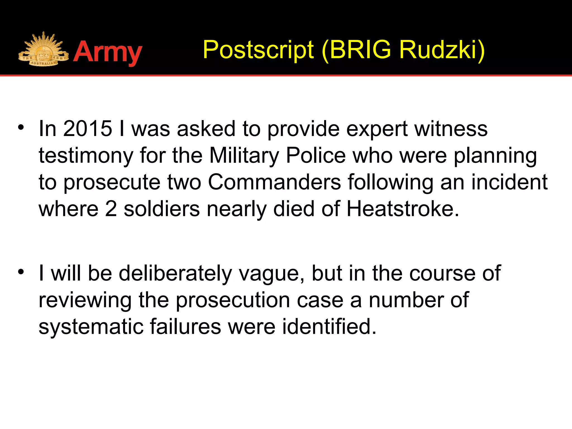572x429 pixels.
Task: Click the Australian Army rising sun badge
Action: point(43,50)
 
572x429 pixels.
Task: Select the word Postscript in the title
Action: point(258,50)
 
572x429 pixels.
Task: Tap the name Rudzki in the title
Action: point(438,50)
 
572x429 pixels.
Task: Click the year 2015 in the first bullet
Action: point(87,129)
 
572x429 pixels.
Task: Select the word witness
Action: point(451,129)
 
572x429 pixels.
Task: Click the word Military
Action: point(244,156)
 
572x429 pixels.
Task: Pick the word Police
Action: point(316,156)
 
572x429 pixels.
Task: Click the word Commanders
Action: point(274,182)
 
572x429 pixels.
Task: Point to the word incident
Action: point(509,182)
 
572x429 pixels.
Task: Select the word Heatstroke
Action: point(402,209)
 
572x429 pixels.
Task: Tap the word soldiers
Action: point(162,209)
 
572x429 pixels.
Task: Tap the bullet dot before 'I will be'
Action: point(21,271)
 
